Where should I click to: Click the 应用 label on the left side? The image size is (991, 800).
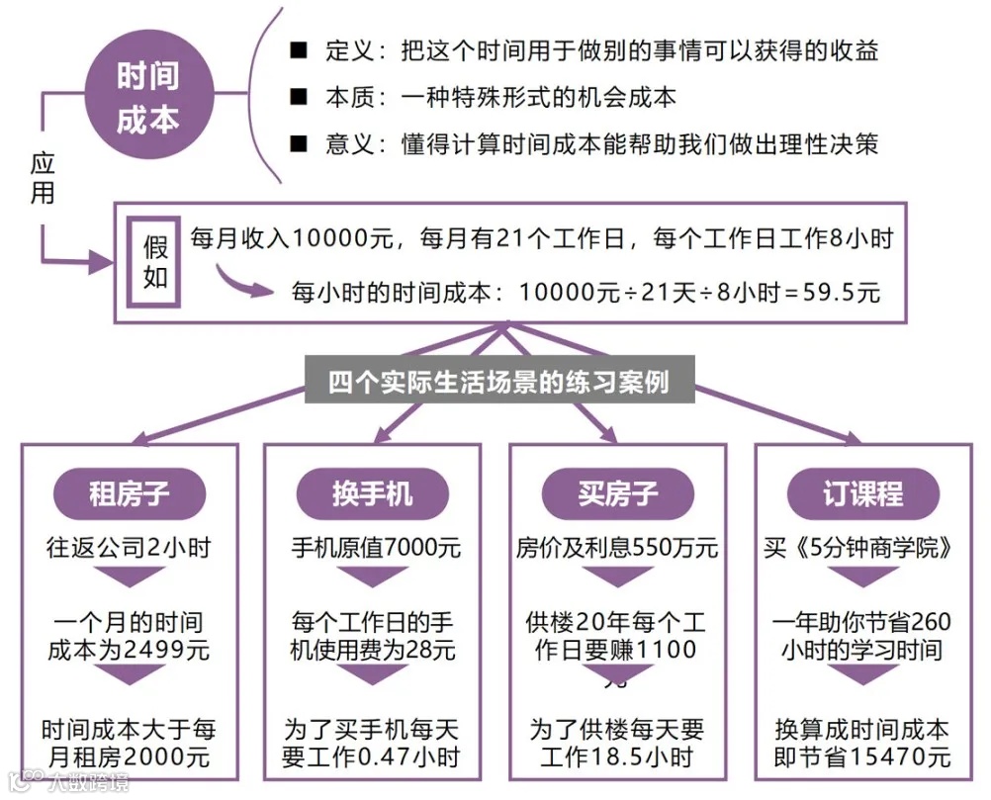coord(42,179)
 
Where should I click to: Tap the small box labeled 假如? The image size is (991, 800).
coord(156,260)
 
